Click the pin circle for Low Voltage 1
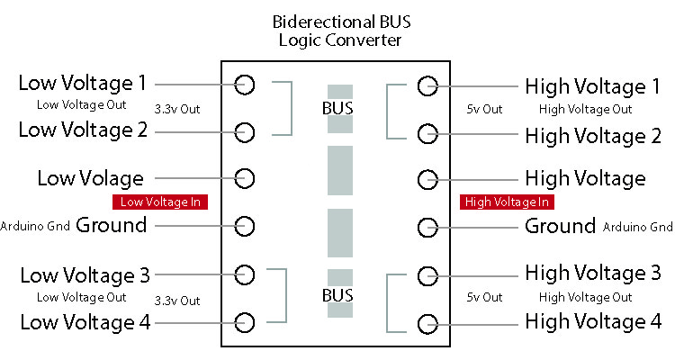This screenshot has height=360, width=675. [x=245, y=85]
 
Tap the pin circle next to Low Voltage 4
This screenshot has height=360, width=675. [x=245, y=320]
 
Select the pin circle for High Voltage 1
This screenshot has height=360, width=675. [x=427, y=85]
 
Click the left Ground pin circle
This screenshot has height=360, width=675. [x=245, y=225]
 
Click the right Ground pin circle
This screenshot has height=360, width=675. [x=427, y=225]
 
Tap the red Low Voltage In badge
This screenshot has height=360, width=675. [x=160, y=202]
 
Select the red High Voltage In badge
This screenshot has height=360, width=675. [x=507, y=202]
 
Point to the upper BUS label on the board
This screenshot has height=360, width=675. [x=338, y=109]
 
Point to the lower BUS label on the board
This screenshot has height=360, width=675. [x=338, y=295]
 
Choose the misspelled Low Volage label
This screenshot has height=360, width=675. [x=90, y=177]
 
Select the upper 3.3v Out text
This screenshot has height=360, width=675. [x=177, y=109]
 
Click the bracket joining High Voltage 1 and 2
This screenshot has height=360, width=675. [x=389, y=111]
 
